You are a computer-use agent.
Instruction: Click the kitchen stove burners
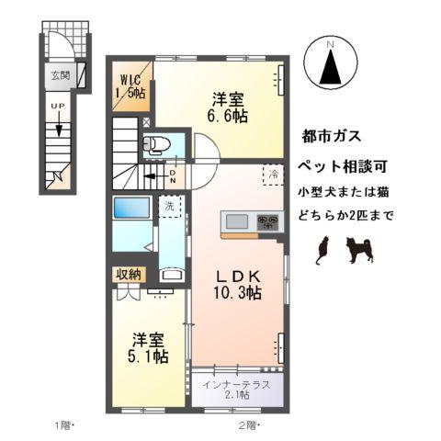pos(268,220)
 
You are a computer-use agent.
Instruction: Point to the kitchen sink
pos(237,220)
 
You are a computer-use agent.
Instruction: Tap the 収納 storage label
pos(129,274)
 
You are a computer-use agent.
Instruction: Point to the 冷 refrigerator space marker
pos(273,173)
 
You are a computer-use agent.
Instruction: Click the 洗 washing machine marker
pos(169,208)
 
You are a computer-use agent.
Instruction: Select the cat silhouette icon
pos(322,249)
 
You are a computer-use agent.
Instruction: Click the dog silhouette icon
pos(359,249)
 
